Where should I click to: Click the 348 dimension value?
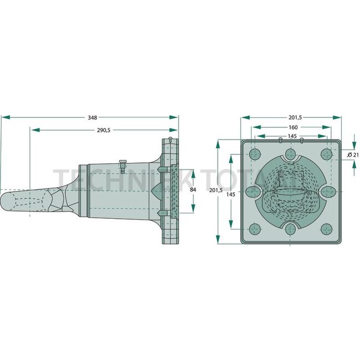(x=92, y=117)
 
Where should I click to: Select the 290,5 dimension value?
(x=104, y=130)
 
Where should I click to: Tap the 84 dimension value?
(x=193, y=189)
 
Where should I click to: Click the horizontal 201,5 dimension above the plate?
(x=295, y=117)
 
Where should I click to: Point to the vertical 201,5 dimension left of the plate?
(x=216, y=191)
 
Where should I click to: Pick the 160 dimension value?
(x=293, y=127)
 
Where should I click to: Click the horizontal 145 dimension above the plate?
(x=292, y=136)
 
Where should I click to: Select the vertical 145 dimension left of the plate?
(x=231, y=194)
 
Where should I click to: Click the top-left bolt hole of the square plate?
(x=255, y=154)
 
